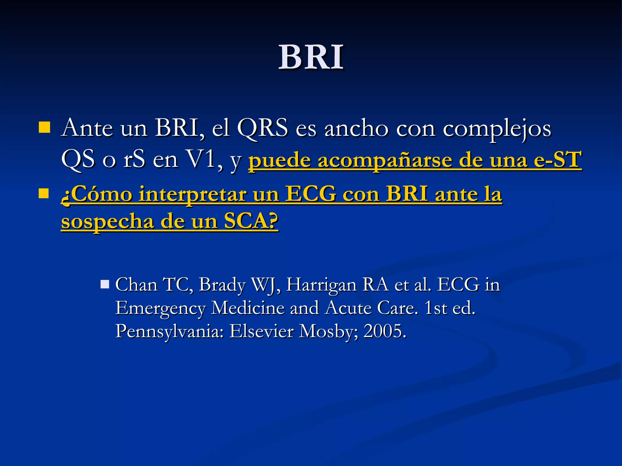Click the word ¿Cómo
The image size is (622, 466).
coord(97,194)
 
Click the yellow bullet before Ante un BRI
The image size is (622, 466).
coord(44,128)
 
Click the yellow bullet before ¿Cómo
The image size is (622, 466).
coord(44,193)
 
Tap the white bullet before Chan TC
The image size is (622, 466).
coord(105,284)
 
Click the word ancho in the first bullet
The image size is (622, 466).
coord(357,128)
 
